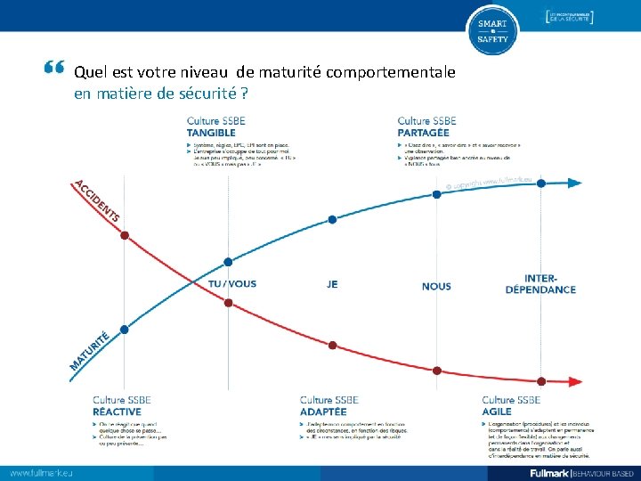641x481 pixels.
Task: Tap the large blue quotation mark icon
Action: click(53, 69)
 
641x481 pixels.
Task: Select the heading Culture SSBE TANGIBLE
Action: click(215, 127)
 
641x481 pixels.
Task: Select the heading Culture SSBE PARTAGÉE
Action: click(427, 127)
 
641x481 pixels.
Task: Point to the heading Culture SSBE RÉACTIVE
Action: click(122, 406)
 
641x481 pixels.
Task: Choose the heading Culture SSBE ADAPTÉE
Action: click(329, 406)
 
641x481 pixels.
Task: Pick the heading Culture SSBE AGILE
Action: click(511, 406)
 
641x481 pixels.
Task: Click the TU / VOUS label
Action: click(231, 284)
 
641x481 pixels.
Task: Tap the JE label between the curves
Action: click(332, 285)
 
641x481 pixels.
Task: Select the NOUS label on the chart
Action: click(436, 286)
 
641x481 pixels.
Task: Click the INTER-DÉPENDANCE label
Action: click(540, 283)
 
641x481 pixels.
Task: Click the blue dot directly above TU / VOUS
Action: click(228, 262)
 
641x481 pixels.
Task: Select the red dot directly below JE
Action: click(332, 345)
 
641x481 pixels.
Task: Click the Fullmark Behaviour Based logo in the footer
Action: click(581, 472)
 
